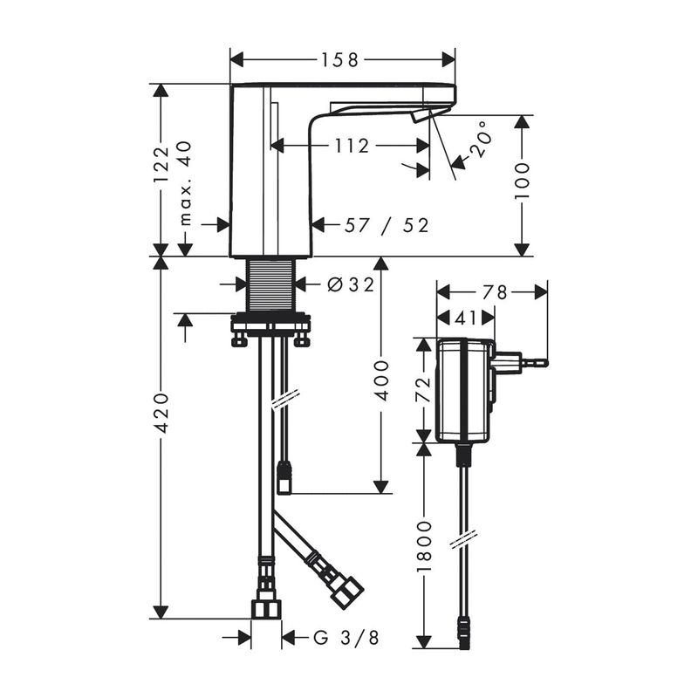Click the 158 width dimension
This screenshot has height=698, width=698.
(341, 60)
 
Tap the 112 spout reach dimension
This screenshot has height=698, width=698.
(352, 146)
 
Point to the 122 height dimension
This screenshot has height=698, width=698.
(161, 164)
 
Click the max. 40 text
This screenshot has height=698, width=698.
(186, 183)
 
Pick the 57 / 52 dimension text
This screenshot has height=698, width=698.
(387, 225)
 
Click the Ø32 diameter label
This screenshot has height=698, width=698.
(351, 284)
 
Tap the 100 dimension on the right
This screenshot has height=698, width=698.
(522, 181)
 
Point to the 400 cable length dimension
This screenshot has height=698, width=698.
(380, 380)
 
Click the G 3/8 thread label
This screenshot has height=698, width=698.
(346, 638)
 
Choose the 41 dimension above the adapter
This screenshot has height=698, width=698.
(466, 318)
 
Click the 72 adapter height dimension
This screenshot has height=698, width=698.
(424, 389)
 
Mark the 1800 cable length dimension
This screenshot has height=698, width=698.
(424, 546)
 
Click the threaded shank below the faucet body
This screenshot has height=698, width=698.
(270, 286)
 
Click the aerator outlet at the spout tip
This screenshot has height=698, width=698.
(421, 116)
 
